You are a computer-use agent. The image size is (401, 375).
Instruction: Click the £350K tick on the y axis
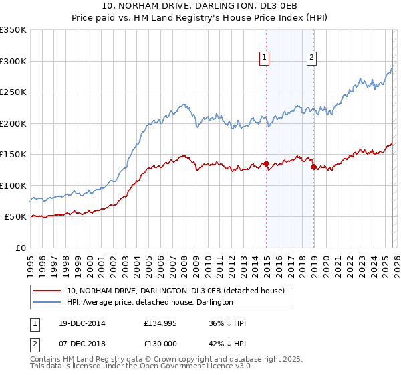(x=13, y=30)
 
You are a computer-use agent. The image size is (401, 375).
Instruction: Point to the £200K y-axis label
(x=13, y=123)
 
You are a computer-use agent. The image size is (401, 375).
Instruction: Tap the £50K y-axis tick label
(x=15, y=217)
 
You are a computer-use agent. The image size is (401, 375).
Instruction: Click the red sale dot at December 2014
(x=266, y=163)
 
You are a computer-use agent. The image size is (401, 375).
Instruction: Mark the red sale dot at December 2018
(x=313, y=167)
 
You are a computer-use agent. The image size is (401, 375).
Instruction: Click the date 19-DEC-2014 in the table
(x=81, y=323)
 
